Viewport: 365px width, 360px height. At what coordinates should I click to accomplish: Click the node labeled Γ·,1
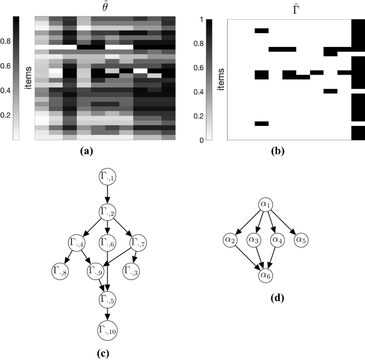(108, 175)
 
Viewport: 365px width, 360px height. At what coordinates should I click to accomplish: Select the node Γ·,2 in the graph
(108, 211)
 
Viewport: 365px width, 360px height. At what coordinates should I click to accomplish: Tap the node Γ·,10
(108, 331)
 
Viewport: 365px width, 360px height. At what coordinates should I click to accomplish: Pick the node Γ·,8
(62, 271)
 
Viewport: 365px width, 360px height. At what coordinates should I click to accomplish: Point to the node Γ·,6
(108, 242)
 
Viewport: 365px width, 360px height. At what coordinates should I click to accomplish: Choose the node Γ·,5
(108, 300)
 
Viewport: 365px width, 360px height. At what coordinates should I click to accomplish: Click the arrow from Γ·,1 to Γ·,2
(108, 193)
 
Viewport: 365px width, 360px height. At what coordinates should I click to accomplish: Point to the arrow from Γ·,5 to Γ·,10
(108, 315)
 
